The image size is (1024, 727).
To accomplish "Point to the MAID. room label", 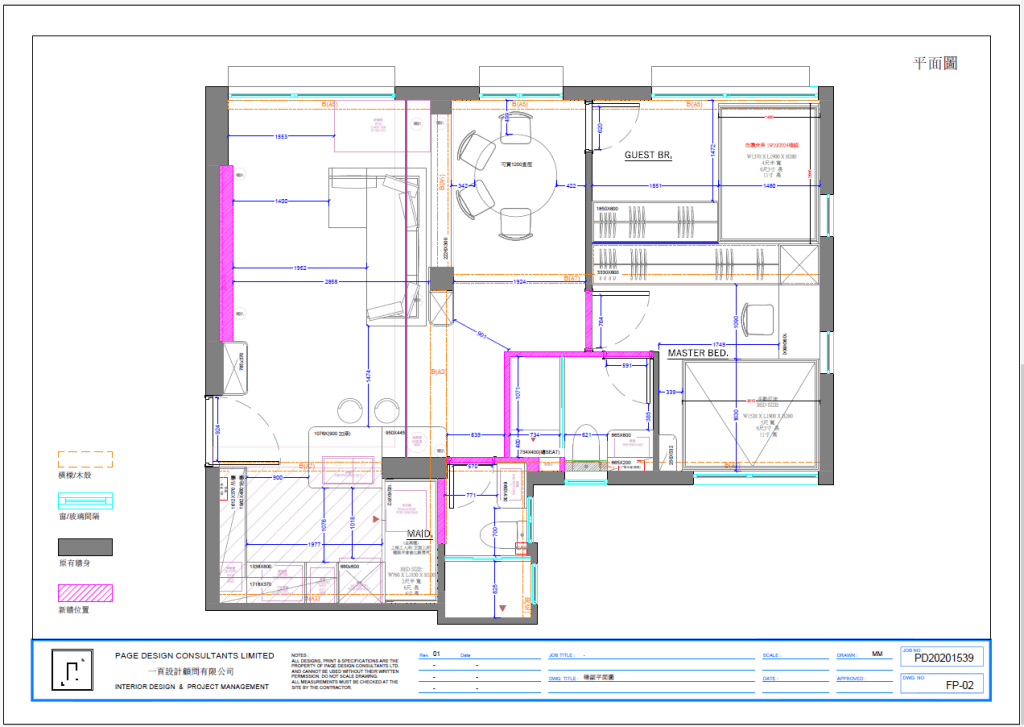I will coord(418,534).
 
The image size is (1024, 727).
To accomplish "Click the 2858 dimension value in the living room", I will coord(332,282).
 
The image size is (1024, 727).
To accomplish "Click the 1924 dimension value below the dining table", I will coord(519,282).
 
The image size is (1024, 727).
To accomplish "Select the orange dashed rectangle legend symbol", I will coord(85,460).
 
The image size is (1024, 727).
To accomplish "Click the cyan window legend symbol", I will coord(85,501).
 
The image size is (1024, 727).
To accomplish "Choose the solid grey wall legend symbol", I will coord(85,547).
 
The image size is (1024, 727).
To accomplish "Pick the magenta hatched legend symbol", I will coord(85,592).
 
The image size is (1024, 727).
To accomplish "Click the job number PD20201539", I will coord(943,657).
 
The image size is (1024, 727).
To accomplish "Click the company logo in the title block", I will coord(67,671).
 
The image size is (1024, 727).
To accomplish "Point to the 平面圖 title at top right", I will coord(935,63).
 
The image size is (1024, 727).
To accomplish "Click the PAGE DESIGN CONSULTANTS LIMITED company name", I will coord(194,656).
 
